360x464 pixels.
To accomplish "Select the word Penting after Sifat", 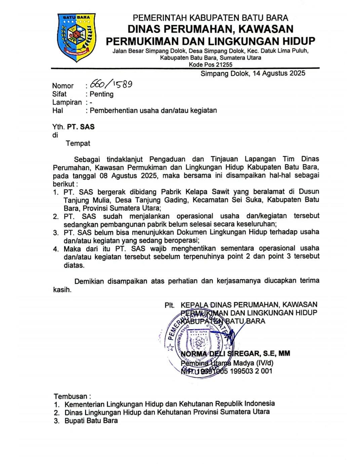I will (102, 94).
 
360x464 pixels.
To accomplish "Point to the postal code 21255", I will (224, 65).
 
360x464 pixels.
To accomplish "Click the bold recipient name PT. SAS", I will (81, 127).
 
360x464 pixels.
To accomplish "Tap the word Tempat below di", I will (78, 143).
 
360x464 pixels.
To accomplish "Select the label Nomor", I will (63, 86).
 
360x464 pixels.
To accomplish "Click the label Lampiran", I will (67, 102).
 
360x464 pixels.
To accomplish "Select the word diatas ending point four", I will (74, 265).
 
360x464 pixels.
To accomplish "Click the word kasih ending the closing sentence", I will (62, 289).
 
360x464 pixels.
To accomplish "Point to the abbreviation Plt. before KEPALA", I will (169, 305).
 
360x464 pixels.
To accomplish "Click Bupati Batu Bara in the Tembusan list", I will (91, 421).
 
